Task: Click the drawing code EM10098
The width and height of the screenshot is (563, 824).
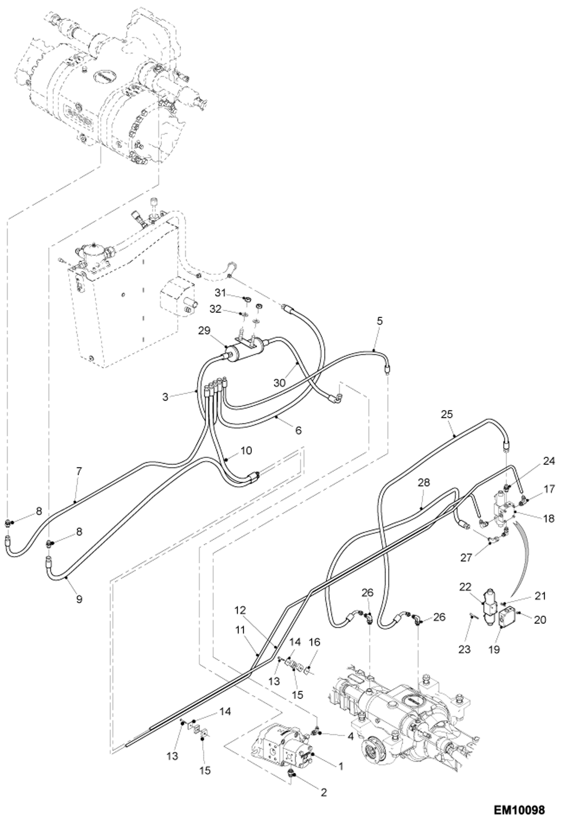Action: pos(519,809)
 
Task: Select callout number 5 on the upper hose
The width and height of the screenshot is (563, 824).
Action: pos(380,321)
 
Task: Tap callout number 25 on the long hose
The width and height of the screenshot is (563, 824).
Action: pos(447,414)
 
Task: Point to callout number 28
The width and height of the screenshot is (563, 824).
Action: pos(424,482)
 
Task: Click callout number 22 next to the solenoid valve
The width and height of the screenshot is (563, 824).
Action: pos(465,587)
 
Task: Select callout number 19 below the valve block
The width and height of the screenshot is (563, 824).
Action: pos(495,649)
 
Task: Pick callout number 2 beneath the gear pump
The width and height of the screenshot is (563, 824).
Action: pos(324,792)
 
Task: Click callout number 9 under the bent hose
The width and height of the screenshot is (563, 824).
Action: pos(79,599)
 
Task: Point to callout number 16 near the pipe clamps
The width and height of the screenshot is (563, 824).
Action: pos(315,642)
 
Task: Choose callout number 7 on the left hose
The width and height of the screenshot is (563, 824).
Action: pos(79,471)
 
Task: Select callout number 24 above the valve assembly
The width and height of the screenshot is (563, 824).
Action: pos(549,461)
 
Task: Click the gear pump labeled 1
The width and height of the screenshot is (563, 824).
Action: pos(282,751)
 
